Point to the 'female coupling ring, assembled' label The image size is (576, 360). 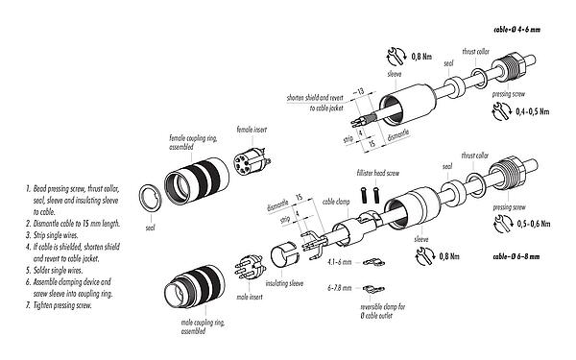click(x=191, y=139)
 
